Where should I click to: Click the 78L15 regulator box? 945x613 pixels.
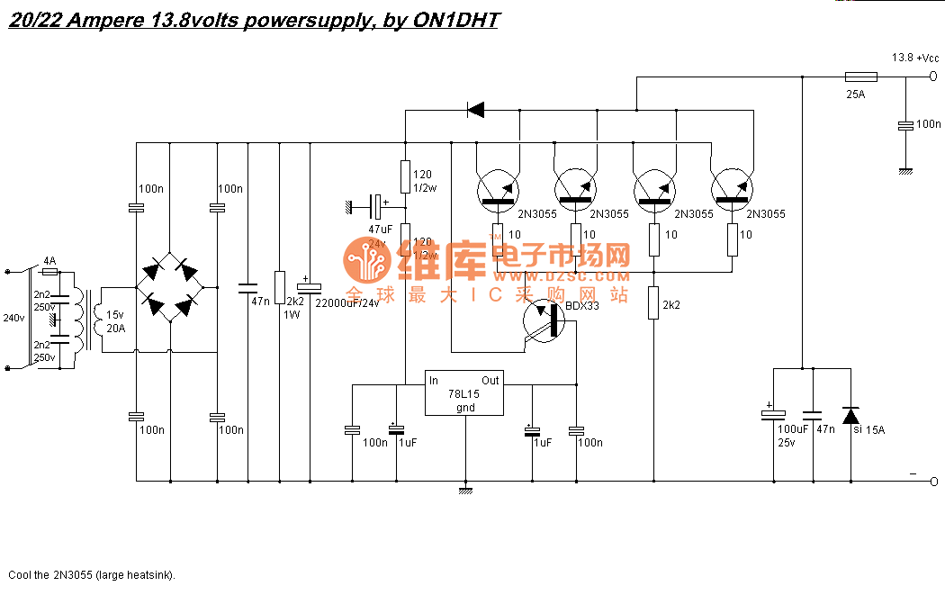[x=464, y=393]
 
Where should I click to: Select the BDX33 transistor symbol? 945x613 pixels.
[x=544, y=321]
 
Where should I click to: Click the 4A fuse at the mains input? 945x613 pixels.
[x=50, y=270]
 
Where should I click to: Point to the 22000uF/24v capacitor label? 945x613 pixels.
[x=347, y=303]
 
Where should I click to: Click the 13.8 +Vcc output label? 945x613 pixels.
[x=913, y=58]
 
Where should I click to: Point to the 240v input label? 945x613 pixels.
[x=13, y=318]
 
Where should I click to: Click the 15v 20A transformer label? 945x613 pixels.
[x=115, y=321]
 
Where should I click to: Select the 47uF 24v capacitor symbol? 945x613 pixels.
[x=379, y=207]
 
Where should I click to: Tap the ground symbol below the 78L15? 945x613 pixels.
[x=465, y=490]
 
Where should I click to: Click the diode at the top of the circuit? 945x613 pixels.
[x=474, y=110]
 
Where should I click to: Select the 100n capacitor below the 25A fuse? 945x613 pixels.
[x=906, y=125]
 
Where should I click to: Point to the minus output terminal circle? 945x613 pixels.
[x=933, y=481]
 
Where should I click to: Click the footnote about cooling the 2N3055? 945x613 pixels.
[x=92, y=574]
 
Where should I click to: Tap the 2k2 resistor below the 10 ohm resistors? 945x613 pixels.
[x=653, y=302]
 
